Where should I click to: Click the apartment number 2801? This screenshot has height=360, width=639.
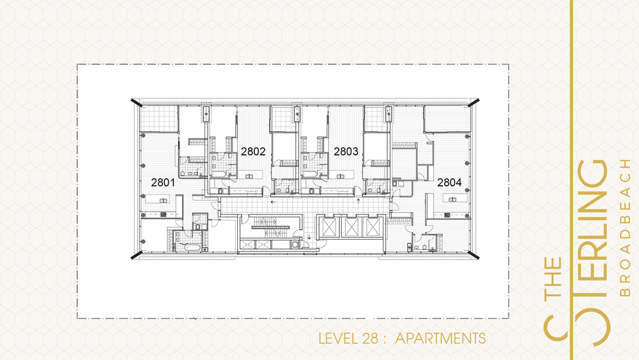[x=163, y=182]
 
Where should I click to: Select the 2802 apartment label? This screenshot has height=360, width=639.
[x=253, y=152]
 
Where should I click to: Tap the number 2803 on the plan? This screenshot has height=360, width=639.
[x=346, y=152]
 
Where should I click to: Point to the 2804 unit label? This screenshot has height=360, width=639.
[x=449, y=182]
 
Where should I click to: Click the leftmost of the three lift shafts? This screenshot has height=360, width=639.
[x=329, y=227]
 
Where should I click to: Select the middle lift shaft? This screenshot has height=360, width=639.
[x=351, y=227]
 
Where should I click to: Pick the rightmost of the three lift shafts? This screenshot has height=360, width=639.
[x=373, y=227]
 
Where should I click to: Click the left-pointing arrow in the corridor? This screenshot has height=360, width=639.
[x=273, y=202]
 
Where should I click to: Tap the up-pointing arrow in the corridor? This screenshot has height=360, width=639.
[x=358, y=201]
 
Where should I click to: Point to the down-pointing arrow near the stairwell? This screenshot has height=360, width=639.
[x=309, y=237]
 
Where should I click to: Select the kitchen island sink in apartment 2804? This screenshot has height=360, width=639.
[x=452, y=200]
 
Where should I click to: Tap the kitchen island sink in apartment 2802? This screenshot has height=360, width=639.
[x=249, y=176]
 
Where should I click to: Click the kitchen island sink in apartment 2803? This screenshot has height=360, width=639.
[x=340, y=176]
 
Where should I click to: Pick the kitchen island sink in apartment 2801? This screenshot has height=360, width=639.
[x=163, y=200]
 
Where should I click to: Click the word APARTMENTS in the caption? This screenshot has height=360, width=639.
[x=440, y=338]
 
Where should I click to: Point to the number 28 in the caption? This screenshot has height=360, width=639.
[x=370, y=338]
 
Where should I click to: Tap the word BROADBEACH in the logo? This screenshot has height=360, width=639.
[x=625, y=228]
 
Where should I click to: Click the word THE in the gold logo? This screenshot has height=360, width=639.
[x=554, y=278]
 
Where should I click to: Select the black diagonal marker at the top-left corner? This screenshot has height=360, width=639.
[x=137, y=103]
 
